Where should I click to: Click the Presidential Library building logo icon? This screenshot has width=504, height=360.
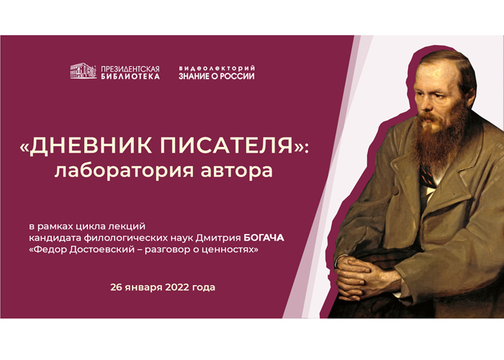[84, 71]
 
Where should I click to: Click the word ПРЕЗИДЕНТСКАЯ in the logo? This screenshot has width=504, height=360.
[130, 69]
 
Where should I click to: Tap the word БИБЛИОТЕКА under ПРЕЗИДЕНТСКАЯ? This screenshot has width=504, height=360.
[130, 76]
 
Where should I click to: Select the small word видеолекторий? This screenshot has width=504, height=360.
[217, 68]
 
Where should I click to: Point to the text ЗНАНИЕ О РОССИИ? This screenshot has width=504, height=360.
[217, 76]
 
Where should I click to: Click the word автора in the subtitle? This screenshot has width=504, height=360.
[237, 171]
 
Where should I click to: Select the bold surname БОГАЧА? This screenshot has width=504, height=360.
[264, 238]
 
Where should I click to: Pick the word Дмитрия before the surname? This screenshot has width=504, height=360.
[218, 238]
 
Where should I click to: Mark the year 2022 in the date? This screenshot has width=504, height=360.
[177, 287]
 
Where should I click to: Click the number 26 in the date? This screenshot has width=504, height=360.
[117, 287]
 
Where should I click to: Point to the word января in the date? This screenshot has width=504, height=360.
[144, 288]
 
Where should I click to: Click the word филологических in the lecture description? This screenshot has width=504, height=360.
[138, 238]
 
